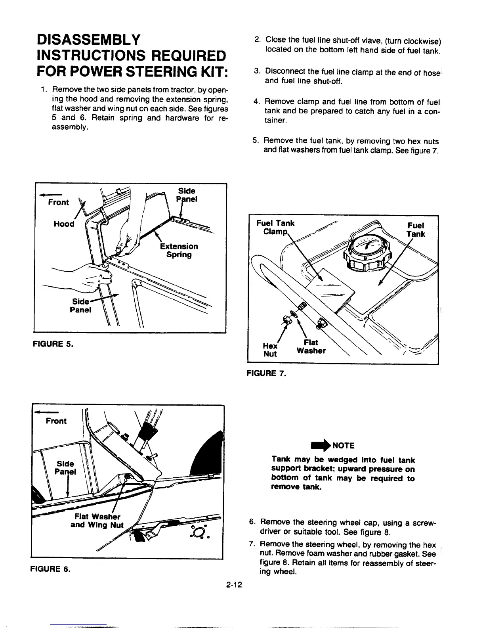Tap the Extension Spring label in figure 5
click(x=179, y=250)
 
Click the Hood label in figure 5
click(x=64, y=224)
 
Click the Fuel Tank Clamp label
click(x=275, y=228)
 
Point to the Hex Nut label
click(x=270, y=349)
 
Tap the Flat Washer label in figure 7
click(x=311, y=346)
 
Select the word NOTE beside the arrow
click(x=343, y=445)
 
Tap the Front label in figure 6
click(x=56, y=421)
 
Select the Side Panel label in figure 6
click(x=65, y=468)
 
